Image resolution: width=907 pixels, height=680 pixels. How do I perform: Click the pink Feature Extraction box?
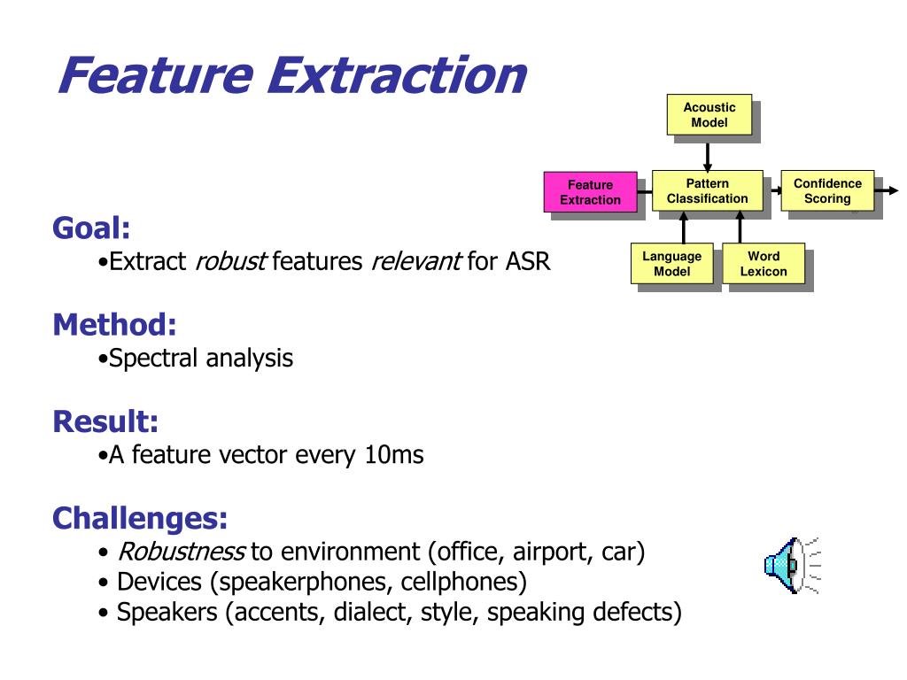click(591, 192)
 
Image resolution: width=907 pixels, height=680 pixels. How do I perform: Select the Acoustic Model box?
click(709, 114)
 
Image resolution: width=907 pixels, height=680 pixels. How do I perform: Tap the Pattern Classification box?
click(708, 191)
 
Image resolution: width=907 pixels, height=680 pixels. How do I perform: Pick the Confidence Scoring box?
click(827, 191)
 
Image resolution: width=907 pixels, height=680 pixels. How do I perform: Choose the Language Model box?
click(671, 263)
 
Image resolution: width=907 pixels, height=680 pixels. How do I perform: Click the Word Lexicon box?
click(764, 263)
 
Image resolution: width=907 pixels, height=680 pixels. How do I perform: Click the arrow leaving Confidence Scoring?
click(886, 190)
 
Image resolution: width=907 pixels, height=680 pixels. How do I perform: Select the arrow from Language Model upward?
click(684, 228)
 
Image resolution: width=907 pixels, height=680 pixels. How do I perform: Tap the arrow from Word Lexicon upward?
click(740, 228)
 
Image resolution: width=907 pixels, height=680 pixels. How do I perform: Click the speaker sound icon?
click(792, 565)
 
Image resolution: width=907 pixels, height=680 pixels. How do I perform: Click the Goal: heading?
click(91, 228)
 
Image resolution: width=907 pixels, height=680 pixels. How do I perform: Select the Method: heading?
click(114, 324)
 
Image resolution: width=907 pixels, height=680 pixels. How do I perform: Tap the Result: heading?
click(105, 421)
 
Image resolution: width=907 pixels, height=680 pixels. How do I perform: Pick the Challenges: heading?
click(140, 518)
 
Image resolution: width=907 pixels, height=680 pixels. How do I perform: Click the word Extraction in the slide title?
click(397, 75)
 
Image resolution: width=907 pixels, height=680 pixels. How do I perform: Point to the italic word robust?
click(231, 261)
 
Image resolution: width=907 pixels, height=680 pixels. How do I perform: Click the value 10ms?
click(394, 455)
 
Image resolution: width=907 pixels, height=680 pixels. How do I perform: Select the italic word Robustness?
click(181, 552)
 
